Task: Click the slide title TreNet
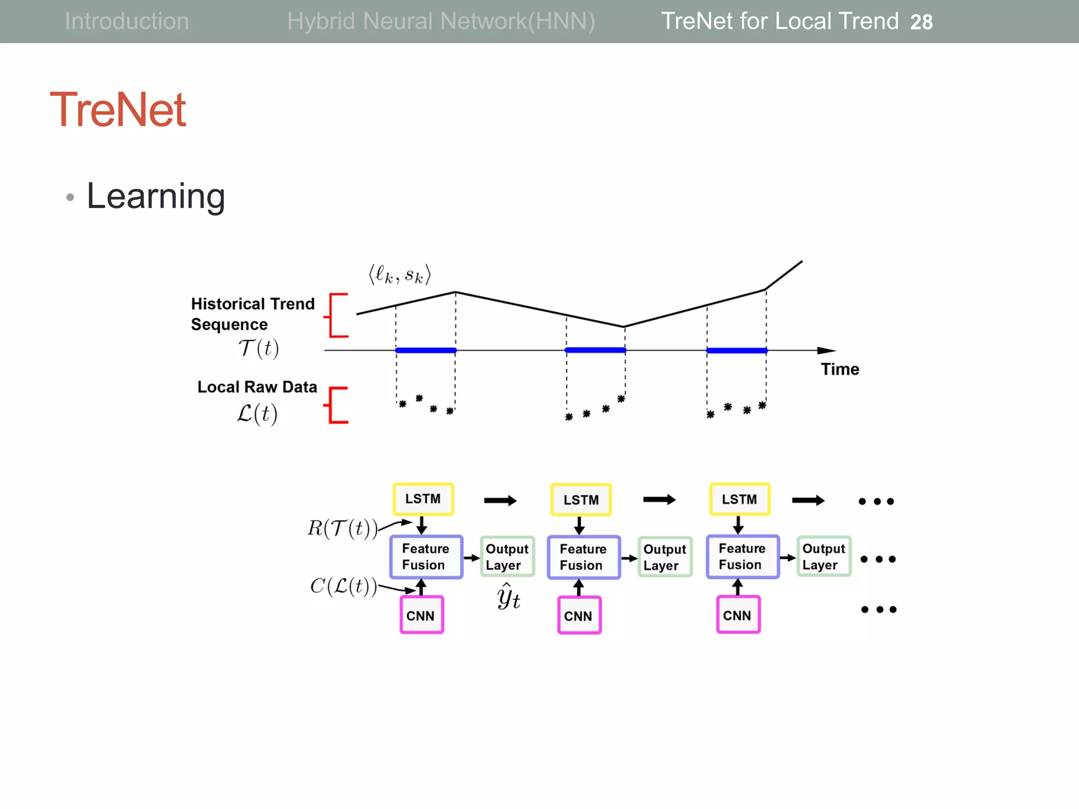tap(117, 110)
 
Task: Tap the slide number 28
tap(921, 22)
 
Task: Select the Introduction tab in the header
tap(126, 21)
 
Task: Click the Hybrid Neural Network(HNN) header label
tap(441, 21)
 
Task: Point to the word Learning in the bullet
tap(156, 196)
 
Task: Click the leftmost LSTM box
tap(423, 499)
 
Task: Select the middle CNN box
tap(579, 615)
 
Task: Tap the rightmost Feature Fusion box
tap(742, 557)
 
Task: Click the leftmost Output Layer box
tap(507, 557)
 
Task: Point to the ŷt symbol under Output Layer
tap(508, 597)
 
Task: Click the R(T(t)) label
tap(342, 528)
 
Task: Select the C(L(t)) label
tap(344, 586)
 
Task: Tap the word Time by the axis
tap(840, 369)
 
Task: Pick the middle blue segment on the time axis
tap(595, 350)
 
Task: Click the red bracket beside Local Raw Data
tap(336, 405)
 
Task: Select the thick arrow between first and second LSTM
tap(500, 500)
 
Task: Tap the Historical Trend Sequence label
tap(252, 314)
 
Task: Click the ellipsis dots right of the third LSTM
tap(876, 501)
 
